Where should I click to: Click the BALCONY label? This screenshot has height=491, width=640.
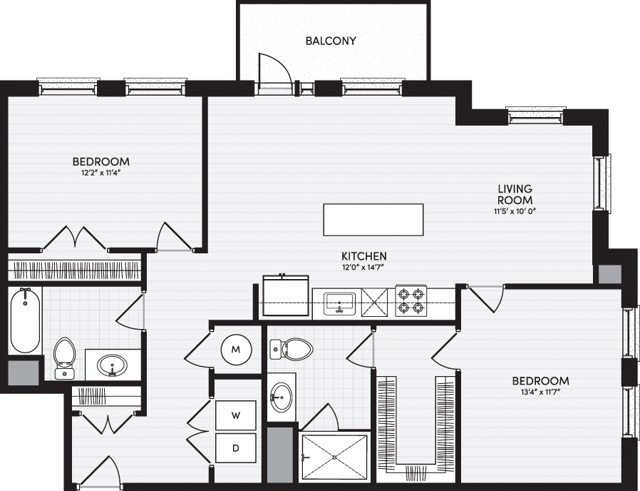[x=331, y=41]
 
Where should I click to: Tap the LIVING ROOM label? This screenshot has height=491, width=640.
[x=515, y=194]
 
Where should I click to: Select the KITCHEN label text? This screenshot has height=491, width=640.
[x=364, y=256]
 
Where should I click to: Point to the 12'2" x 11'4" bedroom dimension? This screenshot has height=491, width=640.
[x=101, y=173]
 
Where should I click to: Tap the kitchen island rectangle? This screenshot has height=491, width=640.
[x=373, y=220]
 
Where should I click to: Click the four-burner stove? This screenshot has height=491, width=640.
[x=411, y=300]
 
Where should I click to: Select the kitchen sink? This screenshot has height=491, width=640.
[x=339, y=303]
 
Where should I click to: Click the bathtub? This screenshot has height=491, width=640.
[x=26, y=320]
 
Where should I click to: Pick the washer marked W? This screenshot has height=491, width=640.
[x=236, y=415]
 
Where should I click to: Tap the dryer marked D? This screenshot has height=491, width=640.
[x=236, y=448]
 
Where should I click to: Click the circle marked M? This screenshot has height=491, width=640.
[x=236, y=350]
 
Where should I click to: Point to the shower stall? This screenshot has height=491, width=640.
[x=334, y=457]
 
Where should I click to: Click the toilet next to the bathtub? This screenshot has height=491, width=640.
[x=64, y=358]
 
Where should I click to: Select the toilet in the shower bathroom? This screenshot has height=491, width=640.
[x=291, y=350]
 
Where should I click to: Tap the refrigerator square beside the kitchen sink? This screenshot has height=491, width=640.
[x=286, y=295]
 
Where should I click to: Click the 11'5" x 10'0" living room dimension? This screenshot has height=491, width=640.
[x=515, y=211]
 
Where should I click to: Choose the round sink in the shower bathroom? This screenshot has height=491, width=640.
[x=282, y=397]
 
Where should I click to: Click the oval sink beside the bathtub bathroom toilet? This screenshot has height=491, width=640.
[x=112, y=365]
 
